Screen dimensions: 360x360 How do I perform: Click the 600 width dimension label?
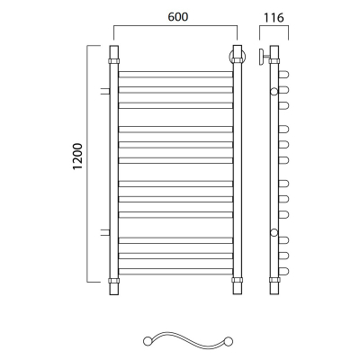[x=178, y=17]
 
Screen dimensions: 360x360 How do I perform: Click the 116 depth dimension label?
[x=274, y=18]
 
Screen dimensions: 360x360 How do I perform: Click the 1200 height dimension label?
[x=77, y=157]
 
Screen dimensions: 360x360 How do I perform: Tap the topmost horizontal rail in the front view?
[x=175, y=75]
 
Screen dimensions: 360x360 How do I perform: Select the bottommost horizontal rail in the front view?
[x=175, y=271]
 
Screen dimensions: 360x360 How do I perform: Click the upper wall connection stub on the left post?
[x=105, y=91]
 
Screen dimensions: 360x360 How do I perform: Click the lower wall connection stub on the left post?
[x=105, y=232]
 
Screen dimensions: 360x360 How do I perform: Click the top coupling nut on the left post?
[x=113, y=61]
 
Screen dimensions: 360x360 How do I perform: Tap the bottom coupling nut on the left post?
[x=113, y=281]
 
